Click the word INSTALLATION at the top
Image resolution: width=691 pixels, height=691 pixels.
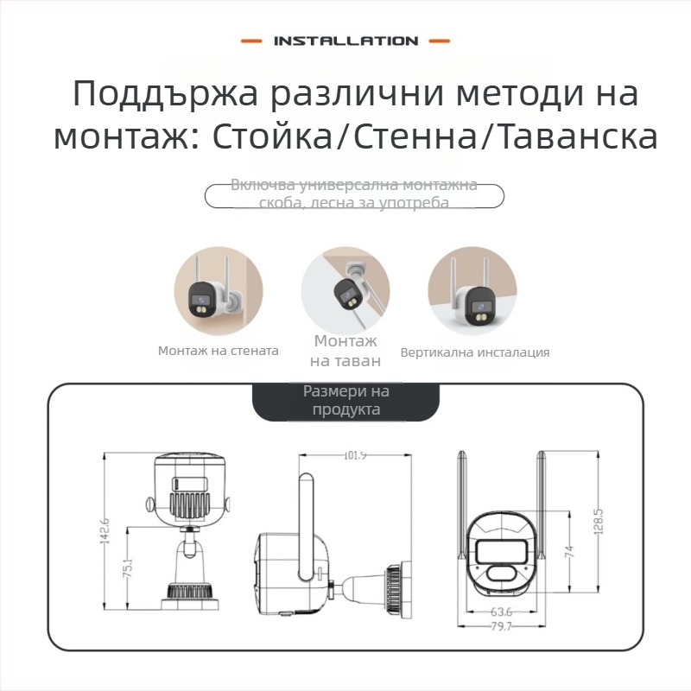(345, 41)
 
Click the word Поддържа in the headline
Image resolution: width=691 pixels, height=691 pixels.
(164, 93)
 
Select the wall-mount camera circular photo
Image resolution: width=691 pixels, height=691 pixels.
(217, 291)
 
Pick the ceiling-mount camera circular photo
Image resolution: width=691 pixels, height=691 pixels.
(345, 291)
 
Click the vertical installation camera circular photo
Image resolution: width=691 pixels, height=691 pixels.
(472, 291)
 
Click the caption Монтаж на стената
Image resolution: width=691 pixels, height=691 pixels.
(218, 352)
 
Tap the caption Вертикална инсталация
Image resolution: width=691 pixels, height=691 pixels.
(474, 352)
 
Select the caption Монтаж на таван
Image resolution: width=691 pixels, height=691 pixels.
(345, 351)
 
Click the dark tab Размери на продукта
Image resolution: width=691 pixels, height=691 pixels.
(345, 400)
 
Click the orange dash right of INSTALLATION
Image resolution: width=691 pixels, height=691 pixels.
(439, 41)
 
